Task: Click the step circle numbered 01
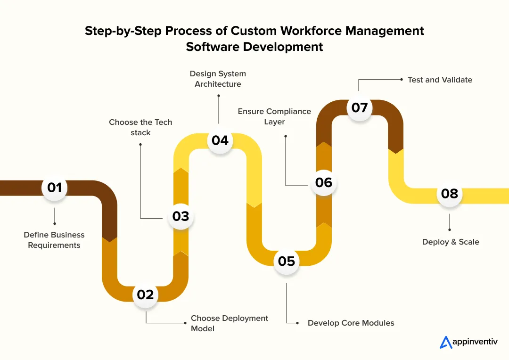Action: pyautogui.click(x=55, y=188)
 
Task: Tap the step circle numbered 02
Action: pyautogui.click(x=146, y=295)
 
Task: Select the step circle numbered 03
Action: pyautogui.click(x=181, y=216)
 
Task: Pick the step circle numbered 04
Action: pyautogui.click(x=220, y=140)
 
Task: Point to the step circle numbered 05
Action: pyautogui.click(x=287, y=261)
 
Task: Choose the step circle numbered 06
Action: pyautogui.click(x=324, y=182)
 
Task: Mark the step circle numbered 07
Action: pyautogui.click(x=360, y=108)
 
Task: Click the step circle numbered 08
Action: pyautogui.click(x=450, y=194)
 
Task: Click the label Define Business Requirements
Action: pyautogui.click(x=54, y=240)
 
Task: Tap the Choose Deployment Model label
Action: pyautogui.click(x=229, y=323)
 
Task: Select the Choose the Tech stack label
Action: pyautogui.click(x=140, y=127)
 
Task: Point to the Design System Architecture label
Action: pyautogui.click(x=218, y=79)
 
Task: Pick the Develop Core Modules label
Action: pyautogui.click(x=351, y=323)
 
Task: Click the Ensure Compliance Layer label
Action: pyautogui.click(x=274, y=116)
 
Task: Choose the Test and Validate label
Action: pyautogui.click(x=439, y=80)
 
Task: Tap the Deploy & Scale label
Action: pyautogui.click(x=450, y=242)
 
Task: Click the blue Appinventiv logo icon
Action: pyautogui.click(x=446, y=342)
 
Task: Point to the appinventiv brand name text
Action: pyautogui.click(x=476, y=342)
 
